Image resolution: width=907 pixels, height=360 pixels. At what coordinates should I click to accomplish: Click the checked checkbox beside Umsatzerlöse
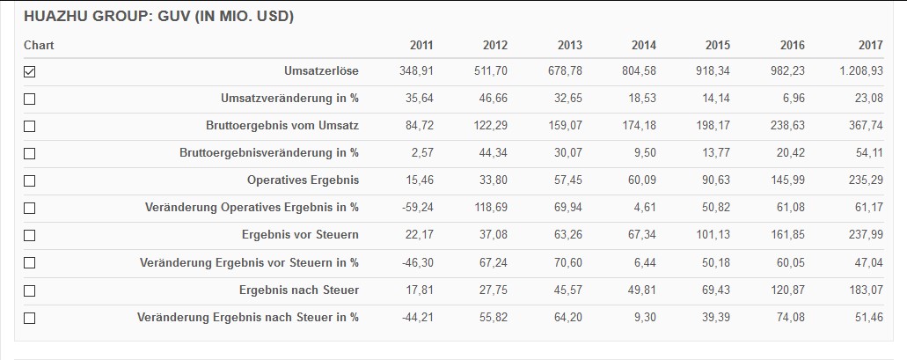coord(30,72)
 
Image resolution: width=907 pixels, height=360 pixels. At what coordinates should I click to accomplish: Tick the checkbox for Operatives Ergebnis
coord(30,181)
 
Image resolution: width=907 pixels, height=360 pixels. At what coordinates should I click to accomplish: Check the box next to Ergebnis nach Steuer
coord(30,290)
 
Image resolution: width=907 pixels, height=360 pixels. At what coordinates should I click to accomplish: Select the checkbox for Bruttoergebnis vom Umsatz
coord(30,127)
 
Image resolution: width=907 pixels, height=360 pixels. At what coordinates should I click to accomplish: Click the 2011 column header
coord(421,45)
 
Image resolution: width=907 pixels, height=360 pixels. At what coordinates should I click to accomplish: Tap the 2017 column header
coord(870,45)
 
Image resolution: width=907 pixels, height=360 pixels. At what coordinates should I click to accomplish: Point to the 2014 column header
coord(644,45)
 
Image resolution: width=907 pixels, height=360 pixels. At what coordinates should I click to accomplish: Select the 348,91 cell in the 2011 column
coord(416,71)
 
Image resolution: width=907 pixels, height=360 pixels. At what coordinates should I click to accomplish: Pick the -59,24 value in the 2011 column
coord(415,208)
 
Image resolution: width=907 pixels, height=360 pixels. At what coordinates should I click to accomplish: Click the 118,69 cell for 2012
coord(490,208)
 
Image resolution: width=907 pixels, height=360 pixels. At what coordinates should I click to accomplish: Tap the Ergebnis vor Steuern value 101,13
coord(712,235)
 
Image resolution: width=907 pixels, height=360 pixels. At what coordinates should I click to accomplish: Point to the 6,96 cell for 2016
coord(793,99)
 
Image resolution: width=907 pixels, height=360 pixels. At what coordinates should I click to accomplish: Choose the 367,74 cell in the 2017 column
coord(865,126)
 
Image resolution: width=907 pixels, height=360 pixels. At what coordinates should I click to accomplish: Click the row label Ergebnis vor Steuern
coord(300,235)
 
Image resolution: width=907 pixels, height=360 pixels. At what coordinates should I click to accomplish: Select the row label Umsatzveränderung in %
coord(289,99)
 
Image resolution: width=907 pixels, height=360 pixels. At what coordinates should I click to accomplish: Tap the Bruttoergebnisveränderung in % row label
coord(269,153)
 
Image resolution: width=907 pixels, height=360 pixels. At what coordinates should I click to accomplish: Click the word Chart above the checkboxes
coord(39,45)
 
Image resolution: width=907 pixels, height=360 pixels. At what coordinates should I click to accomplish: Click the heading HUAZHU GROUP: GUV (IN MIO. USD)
coord(158,17)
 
